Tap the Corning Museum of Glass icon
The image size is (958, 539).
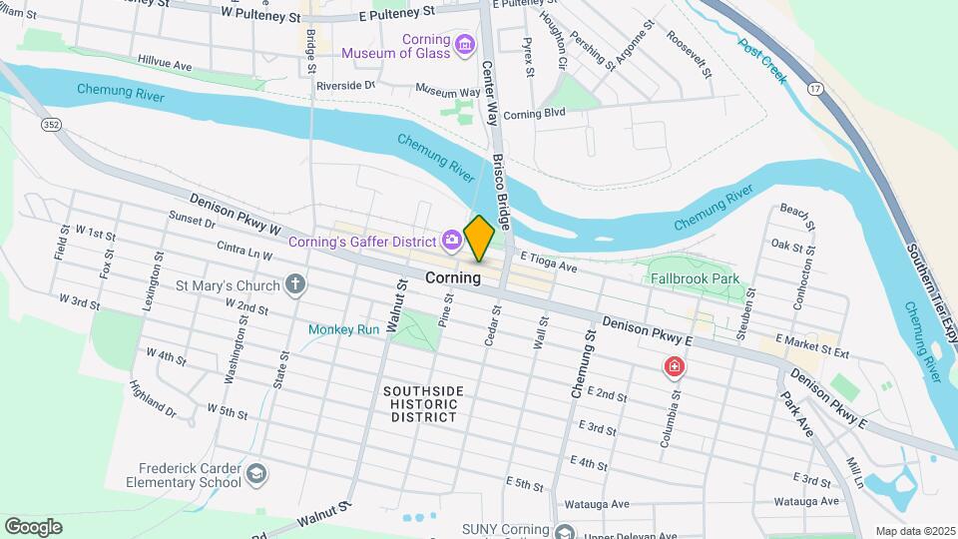[x=464, y=45]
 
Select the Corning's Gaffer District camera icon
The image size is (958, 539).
[x=452, y=240]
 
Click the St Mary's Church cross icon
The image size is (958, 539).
[x=295, y=284]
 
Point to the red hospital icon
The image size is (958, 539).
[x=676, y=366]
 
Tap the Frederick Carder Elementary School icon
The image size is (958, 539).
[x=256, y=473]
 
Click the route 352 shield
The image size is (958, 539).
[x=49, y=125]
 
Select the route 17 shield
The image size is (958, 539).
[x=815, y=90]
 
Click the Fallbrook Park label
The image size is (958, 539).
[x=693, y=281]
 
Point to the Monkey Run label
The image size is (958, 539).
[x=344, y=328]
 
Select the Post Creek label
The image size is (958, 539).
[x=764, y=61]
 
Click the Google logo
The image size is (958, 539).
[x=33, y=526]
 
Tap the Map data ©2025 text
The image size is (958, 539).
[x=915, y=530]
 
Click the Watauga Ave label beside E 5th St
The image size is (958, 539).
[x=597, y=504]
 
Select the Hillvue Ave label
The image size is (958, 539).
[x=166, y=63]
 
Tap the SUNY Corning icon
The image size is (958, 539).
[x=564, y=531]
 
